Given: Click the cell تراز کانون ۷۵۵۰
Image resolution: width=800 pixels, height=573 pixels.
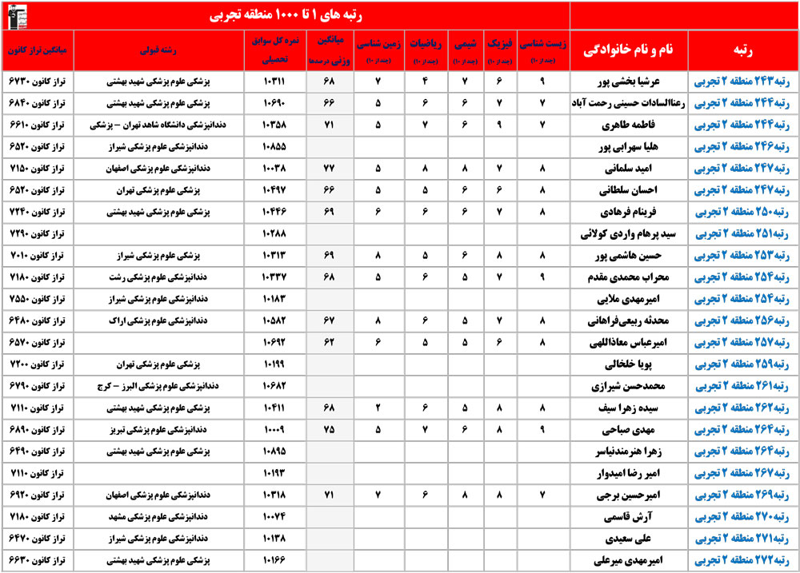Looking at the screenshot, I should coord(37,298).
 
